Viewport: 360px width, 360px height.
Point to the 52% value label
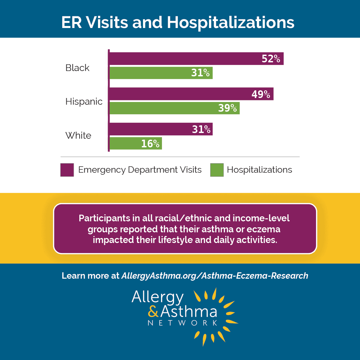click(271, 59)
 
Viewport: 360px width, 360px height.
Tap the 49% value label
click(261, 94)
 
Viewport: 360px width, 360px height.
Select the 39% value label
click(227, 108)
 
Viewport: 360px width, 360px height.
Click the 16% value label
click(150, 144)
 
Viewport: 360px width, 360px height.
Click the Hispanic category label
click(84, 101)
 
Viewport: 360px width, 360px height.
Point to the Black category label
click(77, 68)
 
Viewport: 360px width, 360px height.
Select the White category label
click(78, 135)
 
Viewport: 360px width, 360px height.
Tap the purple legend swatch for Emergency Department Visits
click(67, 170)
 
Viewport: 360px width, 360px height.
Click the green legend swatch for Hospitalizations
click(217, 170)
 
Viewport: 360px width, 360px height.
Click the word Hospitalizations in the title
click(231, 23)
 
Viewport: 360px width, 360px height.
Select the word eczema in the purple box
click(265, 229)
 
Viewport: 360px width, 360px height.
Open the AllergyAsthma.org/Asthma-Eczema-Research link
click(215, 276)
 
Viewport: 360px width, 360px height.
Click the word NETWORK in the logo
click(183, 323)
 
